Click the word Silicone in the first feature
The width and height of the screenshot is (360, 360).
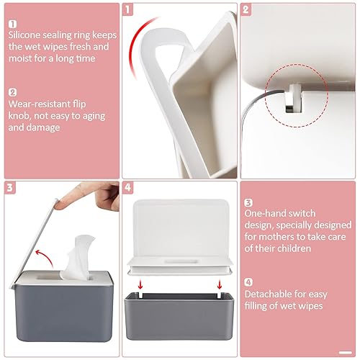pos(24,35)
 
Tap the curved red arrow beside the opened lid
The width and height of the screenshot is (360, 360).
pos(45,257)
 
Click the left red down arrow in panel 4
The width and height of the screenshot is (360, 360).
pos(140,285)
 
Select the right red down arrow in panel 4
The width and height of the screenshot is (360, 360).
pos(219,285)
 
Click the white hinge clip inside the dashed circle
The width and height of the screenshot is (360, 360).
pos(294,99)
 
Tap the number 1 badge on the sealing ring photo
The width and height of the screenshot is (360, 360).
pos(127,10)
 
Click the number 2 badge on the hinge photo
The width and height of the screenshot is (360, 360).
pos(246,10)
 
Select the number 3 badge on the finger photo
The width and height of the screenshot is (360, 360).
pos(9,188)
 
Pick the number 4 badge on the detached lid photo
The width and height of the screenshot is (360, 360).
pos(127,188)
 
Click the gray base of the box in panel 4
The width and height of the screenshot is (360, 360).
pos(179,316)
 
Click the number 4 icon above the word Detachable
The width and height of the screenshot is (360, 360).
pos(248,282)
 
